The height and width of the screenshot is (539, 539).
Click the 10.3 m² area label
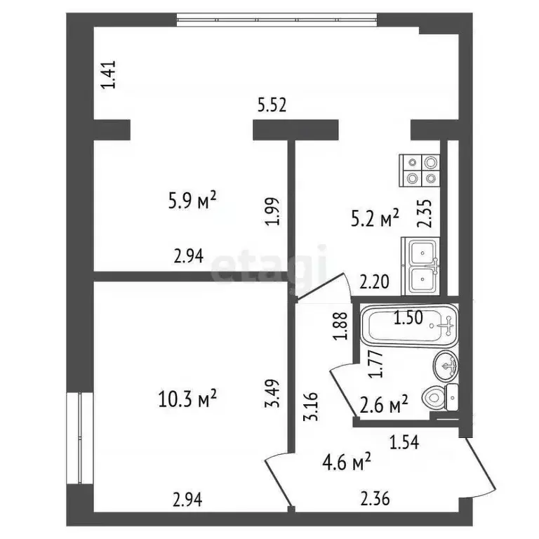tap(187, 399)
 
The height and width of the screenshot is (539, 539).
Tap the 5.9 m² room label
tap(192, 201)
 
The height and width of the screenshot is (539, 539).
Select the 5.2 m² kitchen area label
tap(375, 218)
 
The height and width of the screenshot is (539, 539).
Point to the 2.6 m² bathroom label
tap(384, 405)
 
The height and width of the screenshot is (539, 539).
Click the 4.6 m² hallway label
tap(347, 463)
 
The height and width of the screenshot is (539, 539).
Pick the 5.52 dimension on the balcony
tap(272, 105)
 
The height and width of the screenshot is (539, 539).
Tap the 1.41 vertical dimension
tap(109, 75)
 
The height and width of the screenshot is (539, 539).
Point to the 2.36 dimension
tap(375, 500)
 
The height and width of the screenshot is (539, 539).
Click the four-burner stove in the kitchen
tap(420, 171)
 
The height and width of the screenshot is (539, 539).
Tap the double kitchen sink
tap(420, 267)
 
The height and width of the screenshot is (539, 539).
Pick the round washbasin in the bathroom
tap(446, 366)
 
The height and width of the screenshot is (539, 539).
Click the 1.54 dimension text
tap(404, 443)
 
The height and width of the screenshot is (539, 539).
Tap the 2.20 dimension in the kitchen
tap(374, 282)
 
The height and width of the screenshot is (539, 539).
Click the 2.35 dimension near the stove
tap(424, 213)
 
